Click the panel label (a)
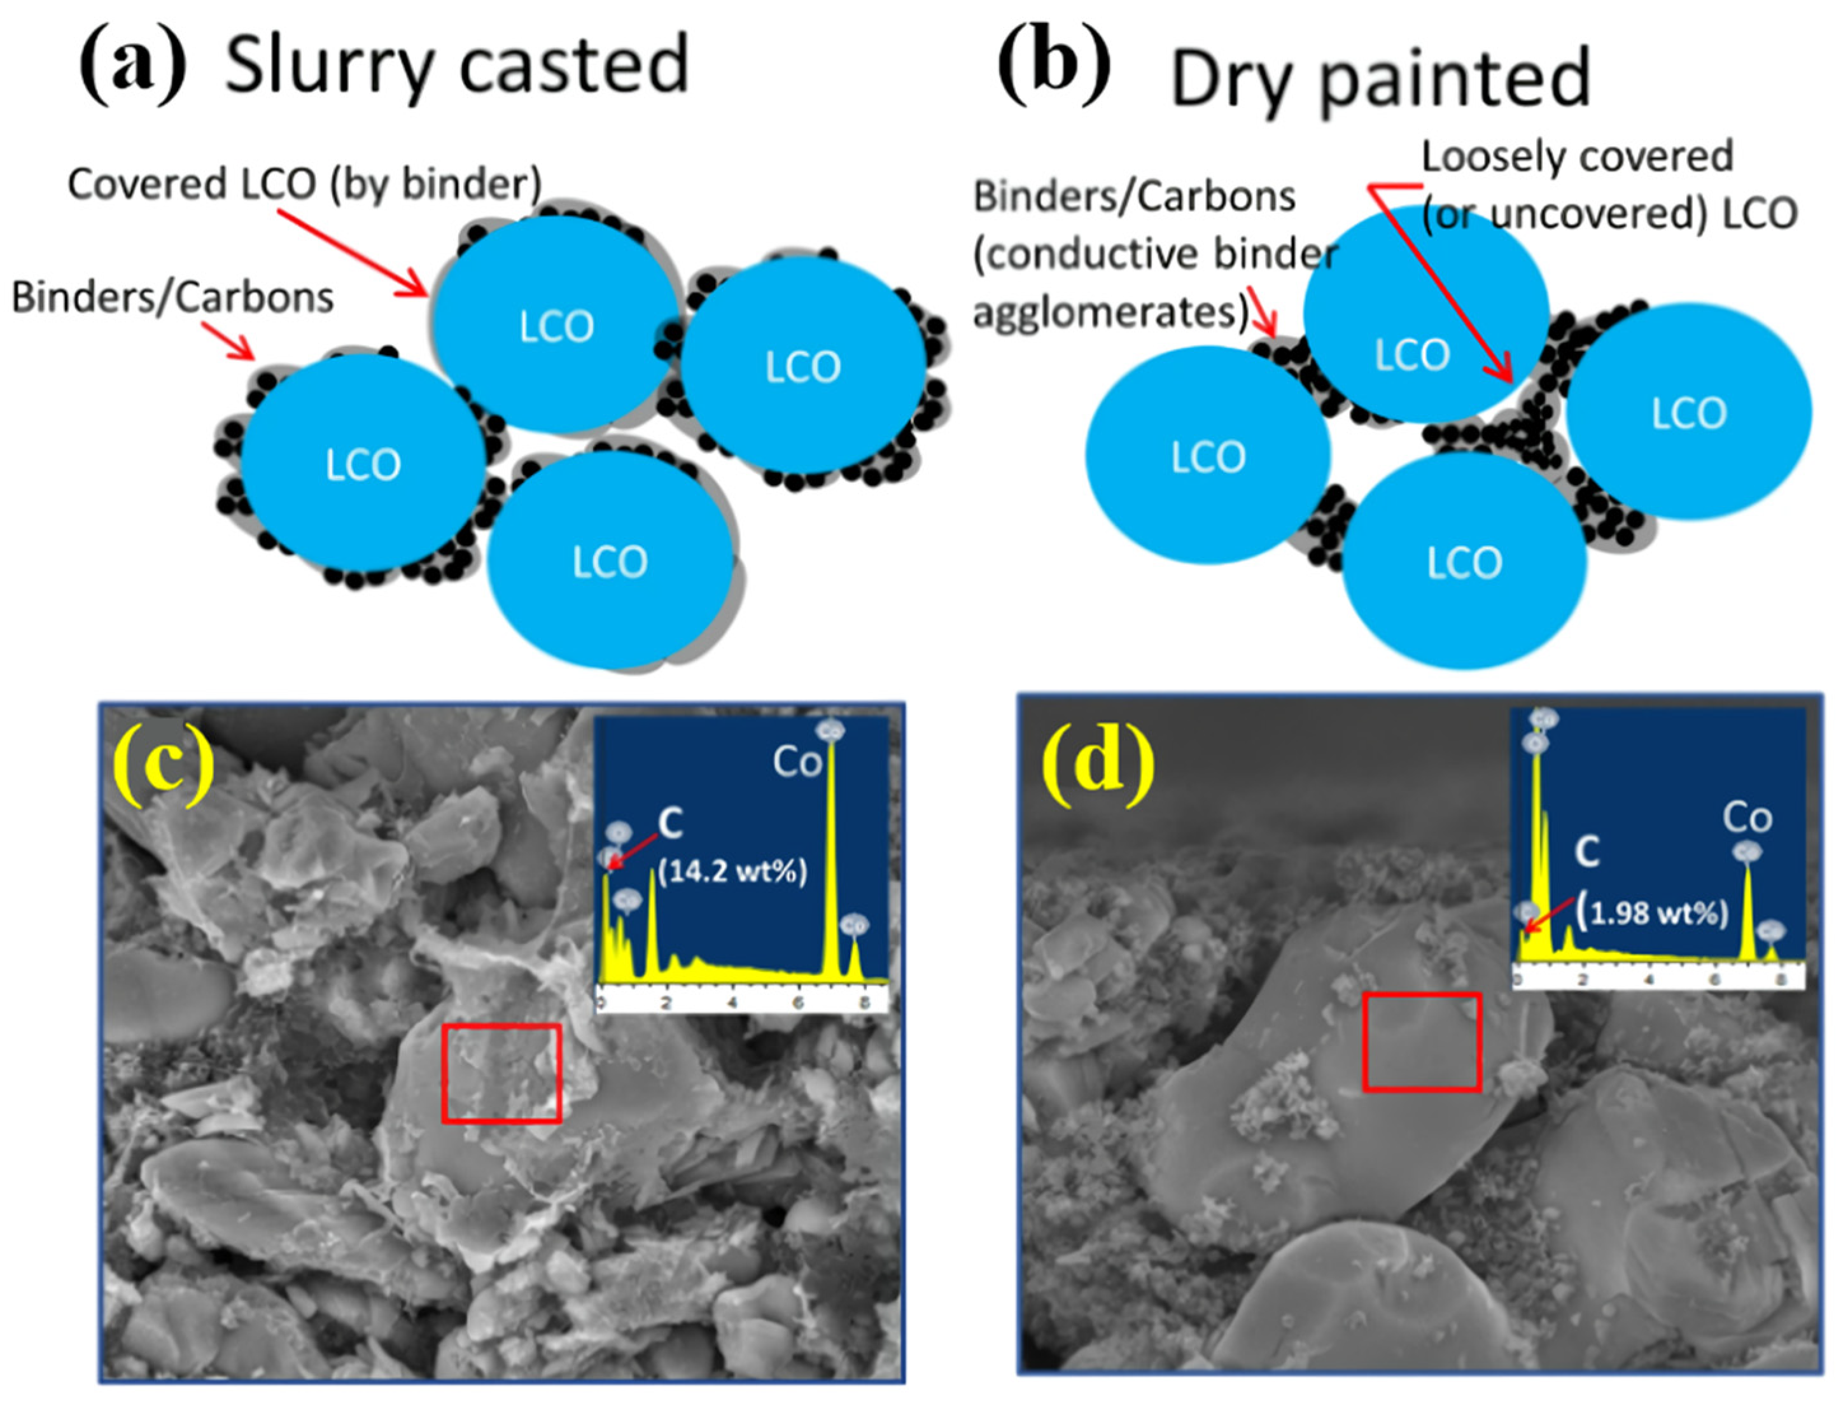(x=132, y=66)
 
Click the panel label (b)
(x=1053, y=66)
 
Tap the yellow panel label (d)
(x=1098, y=763)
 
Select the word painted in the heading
(x=1455, y=80)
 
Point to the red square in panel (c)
(x=501, y=1073)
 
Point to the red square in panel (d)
(x=1421, y=1042)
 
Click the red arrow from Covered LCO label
(x=353, y=253)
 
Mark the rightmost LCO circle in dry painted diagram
(x=1688, y=412)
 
